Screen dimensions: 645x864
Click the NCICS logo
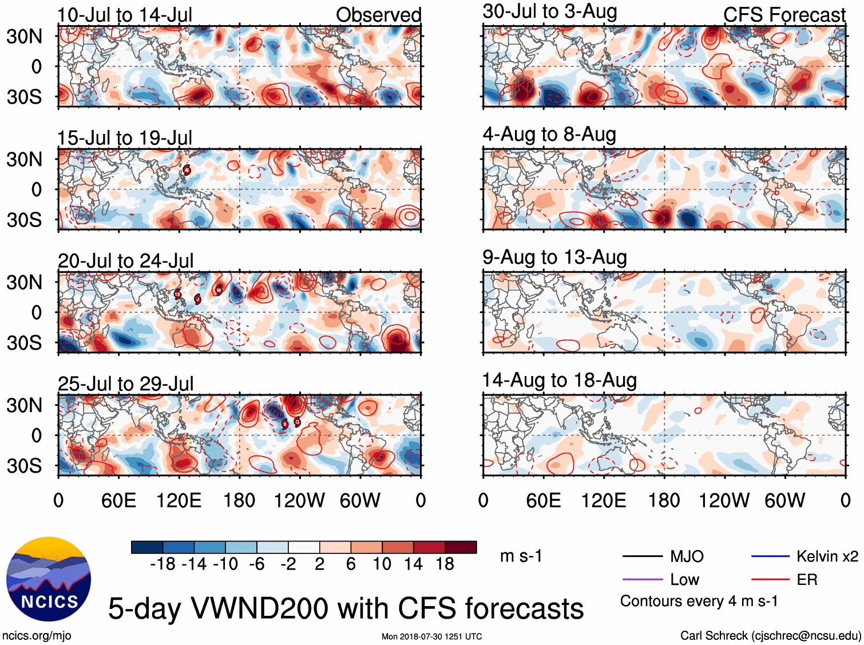(x=49, y=579)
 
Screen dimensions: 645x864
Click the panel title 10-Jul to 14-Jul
(x=125, y=15)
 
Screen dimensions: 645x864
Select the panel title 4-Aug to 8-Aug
(x=549, y=134)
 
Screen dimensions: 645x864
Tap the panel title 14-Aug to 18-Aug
(x=560, y=380)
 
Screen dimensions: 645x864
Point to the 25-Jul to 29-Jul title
(x=126, y=383)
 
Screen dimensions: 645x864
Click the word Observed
(x=378, y=15)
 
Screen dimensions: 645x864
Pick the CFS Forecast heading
(x=784, y=15)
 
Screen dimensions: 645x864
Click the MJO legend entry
(x=687, y=556)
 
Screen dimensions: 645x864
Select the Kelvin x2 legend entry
(x=827, y=556)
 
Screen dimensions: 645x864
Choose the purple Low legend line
(x=642, y=580)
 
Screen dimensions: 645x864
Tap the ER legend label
(x=807, y=580)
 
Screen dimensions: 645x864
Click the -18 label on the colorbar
(x=163, y=564)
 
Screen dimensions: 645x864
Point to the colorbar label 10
(x=382, y=564)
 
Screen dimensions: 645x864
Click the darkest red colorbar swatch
(x=461, y=547)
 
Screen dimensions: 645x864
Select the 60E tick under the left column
(x=118, y=501)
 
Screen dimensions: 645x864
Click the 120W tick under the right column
(x=724, y=501)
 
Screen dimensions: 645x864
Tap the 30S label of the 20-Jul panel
(x=24, y=343)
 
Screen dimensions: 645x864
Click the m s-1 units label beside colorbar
(x=521, y=556)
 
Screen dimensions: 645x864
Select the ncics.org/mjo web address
(x=37, y=635)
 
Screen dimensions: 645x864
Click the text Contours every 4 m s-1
(x=699, y=601)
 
